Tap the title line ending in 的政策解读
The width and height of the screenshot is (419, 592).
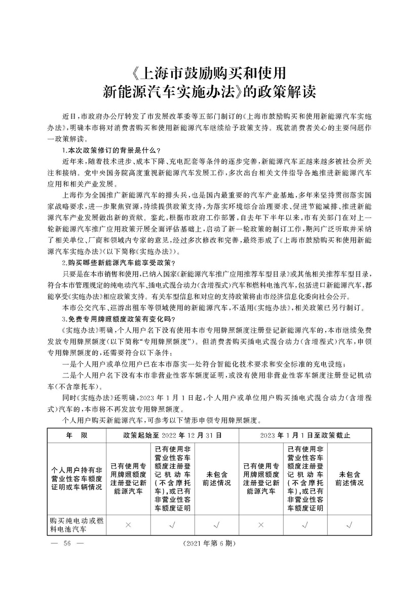pyautogui.click(x=209, y=93)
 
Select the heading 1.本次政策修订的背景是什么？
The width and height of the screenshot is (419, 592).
pyautogui.click(x=110, y=150)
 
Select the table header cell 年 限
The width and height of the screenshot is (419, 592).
pyautogui.click(x=77, y=435)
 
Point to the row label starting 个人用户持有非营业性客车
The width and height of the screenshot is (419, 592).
pyautogui.click(x=76, y=478)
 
